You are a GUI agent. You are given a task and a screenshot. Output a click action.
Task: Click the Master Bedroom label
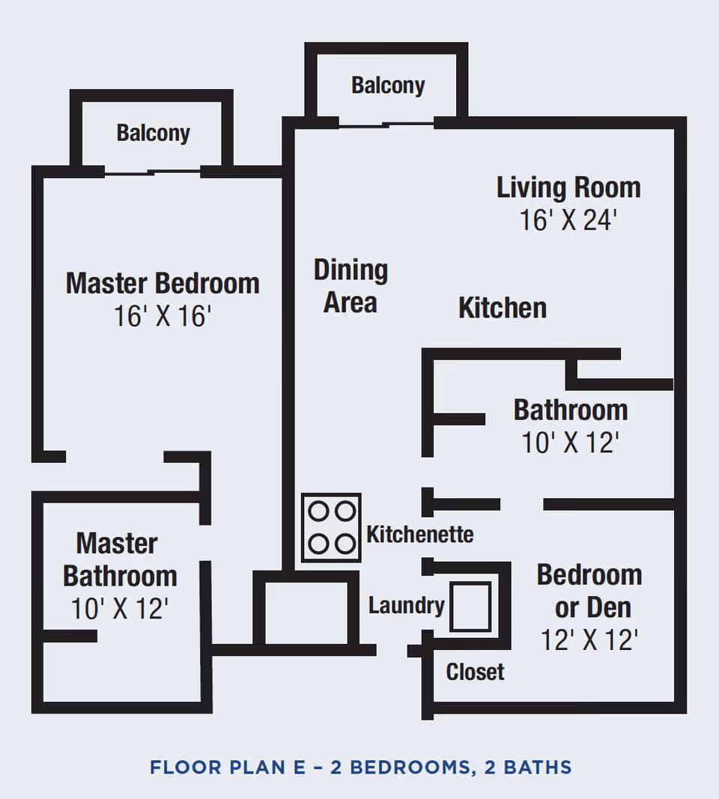[163, 284]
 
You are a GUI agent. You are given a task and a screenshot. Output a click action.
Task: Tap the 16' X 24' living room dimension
[568, 220]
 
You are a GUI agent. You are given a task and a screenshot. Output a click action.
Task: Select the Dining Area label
[351, 286]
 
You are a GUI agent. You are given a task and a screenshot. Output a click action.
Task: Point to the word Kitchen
[503, 308]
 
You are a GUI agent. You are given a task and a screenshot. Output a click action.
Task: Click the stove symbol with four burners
[331, 527]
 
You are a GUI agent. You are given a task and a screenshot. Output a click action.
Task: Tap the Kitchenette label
[419, 535]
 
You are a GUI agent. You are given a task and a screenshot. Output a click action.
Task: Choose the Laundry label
[406, 605]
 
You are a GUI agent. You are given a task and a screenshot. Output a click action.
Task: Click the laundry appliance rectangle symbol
[471, 606]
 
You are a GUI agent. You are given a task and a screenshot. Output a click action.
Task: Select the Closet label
[475, 672]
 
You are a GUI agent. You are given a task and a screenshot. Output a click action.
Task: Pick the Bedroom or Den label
[589, 591]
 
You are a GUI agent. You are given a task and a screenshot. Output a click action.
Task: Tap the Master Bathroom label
[120, 559]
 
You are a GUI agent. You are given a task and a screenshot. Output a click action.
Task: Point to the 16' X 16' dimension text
[163, 317]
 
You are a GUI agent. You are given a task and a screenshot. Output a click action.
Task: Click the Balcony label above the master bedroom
[153, 133]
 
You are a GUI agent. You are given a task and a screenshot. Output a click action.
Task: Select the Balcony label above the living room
[388, 85]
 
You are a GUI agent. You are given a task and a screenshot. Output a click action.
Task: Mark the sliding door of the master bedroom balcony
[153, 172]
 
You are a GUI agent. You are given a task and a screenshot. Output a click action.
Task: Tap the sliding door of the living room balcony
[386, 124]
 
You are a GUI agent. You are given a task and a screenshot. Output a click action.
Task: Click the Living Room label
[568, 187]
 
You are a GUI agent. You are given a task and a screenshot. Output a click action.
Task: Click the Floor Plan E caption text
[360, 768]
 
